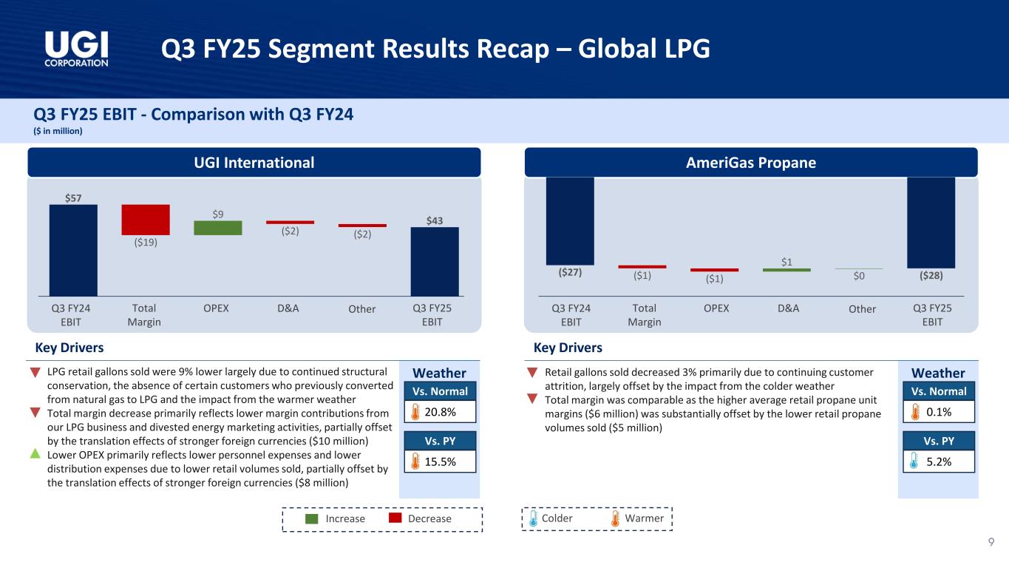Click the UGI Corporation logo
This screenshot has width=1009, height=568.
pos(76,49)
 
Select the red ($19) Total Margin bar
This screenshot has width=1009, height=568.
pos(146,220)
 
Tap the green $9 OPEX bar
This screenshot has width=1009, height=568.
pos(218,228)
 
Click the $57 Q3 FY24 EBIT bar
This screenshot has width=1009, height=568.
pos(73,250)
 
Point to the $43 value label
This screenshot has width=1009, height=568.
pos(435,220)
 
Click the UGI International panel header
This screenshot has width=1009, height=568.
pos(254,163)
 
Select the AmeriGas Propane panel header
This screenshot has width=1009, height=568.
pos(751,163)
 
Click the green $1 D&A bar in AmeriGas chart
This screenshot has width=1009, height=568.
pos(787,270)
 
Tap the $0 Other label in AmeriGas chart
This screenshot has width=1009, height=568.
pos(858,277)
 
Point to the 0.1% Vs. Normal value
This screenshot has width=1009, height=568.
pos(939,411)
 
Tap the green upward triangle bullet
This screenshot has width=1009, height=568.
pos(34,453)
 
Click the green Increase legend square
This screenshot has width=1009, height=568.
pos(311,518)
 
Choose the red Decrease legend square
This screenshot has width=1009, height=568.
pos(395,518)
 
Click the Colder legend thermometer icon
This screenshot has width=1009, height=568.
pos(534,519)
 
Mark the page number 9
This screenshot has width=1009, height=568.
pos(991,544)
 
